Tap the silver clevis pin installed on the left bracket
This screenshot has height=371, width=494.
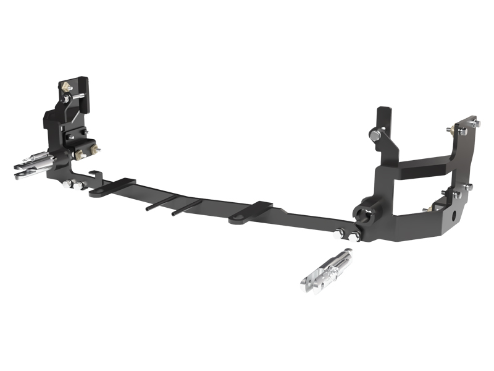(x=34, y=163)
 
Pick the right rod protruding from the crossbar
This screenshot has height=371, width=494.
(x=185, y=207)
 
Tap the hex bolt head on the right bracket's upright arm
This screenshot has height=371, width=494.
(x=375, y=135)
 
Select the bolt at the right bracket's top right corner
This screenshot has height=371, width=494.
(x=475, y=124)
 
